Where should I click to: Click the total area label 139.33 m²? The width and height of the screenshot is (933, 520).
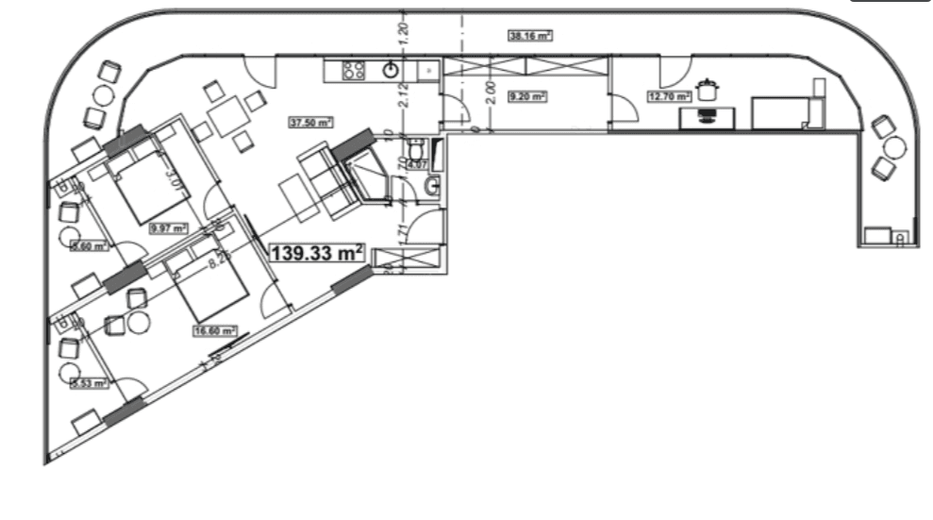(318, 253)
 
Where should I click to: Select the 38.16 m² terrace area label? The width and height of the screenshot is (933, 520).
(529, 37)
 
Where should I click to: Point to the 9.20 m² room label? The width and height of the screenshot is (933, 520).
(527, 96)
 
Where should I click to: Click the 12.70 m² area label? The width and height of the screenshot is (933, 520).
(669, 95)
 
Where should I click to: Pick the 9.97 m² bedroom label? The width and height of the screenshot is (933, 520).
(168, 227)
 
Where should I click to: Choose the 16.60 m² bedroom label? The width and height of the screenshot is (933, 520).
(214, 331)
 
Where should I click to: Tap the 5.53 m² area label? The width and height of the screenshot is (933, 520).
(90, 383)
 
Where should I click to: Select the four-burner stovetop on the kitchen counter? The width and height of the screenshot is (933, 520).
(354, 70)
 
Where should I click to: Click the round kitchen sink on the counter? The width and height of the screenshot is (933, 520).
(390, 69)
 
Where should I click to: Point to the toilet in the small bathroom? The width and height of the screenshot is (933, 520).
(416, 151)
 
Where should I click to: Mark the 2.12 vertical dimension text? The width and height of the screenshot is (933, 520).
(403, 94)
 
